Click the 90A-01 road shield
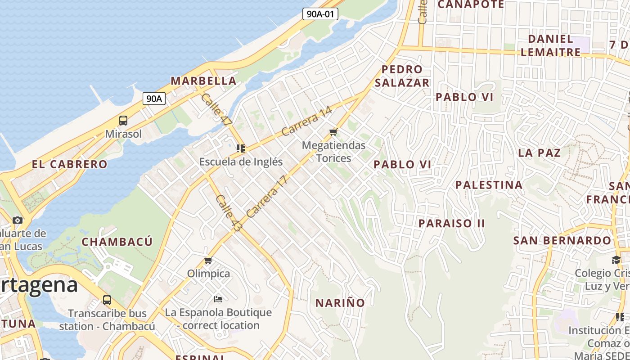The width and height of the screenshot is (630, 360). [320, 14]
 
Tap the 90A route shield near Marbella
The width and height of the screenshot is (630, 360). [154, 99]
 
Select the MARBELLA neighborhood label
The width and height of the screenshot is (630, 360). [203, 81]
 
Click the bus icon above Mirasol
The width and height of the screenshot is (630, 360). [123, 121]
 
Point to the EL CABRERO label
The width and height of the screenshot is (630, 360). [70, 164]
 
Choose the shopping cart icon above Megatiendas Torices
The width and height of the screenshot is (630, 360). [333, 132]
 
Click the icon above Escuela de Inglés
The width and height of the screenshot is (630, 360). [241, 148]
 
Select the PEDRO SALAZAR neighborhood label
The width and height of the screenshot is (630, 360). [402, 76]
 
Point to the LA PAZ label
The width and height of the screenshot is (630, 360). [540, 153]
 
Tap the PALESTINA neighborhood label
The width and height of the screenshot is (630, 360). [489, 185]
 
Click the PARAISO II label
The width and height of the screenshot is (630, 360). [451, 223]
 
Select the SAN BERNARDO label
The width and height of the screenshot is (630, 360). [562, 240]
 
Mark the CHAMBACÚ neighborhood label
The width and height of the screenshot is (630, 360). [117, 242]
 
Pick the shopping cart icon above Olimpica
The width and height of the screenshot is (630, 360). [208, 261]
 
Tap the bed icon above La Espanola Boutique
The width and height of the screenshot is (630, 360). [218, 299]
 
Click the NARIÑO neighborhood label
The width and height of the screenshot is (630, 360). [340, 303]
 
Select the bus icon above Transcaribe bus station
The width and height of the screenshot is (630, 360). [107, 300]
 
